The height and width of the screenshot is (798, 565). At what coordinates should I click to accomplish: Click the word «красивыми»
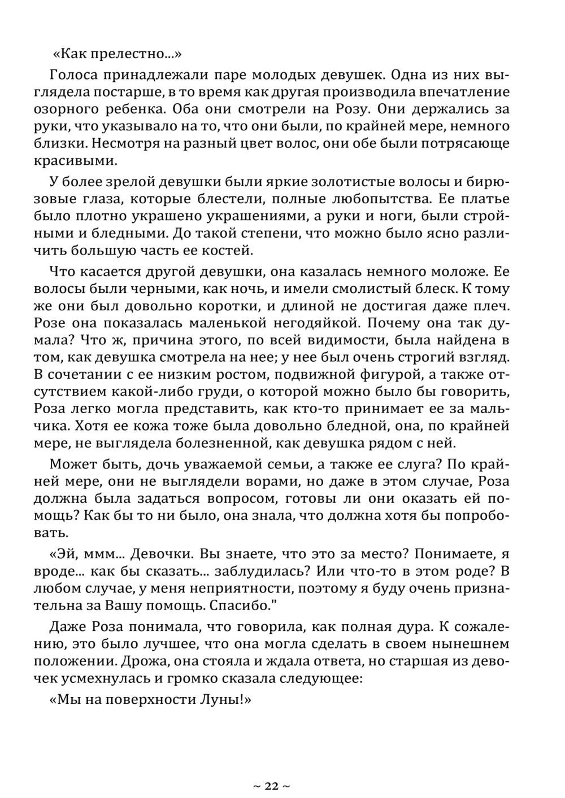pyautogui.click(x=76, y=161)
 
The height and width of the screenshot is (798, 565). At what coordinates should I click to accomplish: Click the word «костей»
pyautogui.click(x=223, y=250)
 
